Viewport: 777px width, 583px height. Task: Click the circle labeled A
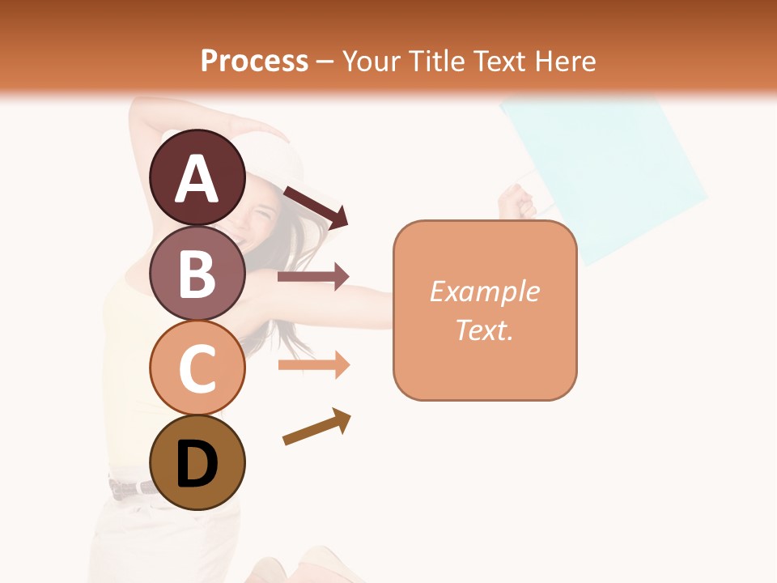pyautogui.click(x=197, y=177)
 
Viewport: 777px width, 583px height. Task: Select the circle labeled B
pyautogui.click(x=197, y=273)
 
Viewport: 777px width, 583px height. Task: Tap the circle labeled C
pyautogui.click(x=197, y=368)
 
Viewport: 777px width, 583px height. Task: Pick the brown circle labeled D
pyautogui.click(x=197, y=462)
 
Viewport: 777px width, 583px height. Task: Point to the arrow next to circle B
pyautogui.click(x=312, y=277)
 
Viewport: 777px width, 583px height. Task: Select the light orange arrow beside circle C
pyautogui.click(x=312, y=365)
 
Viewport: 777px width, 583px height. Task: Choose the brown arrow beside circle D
pyautogui.click(x=316, y=427)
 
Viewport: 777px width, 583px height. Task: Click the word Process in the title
pyautogui.click(x=254, y=62)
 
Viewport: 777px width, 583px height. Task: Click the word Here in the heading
pyautogui.click(x=564, y=62)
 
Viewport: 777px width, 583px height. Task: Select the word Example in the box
pyautogui.click(x=484, y=291)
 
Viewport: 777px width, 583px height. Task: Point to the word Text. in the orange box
pyautogui.click(x=484, y=330)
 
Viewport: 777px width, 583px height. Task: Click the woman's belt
pyautogui.click(x=134, y=487)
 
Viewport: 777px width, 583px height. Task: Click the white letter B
pyautogui.click(x=197, y=273)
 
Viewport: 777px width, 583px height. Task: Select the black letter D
pyautogui.click(x=197, y=464)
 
